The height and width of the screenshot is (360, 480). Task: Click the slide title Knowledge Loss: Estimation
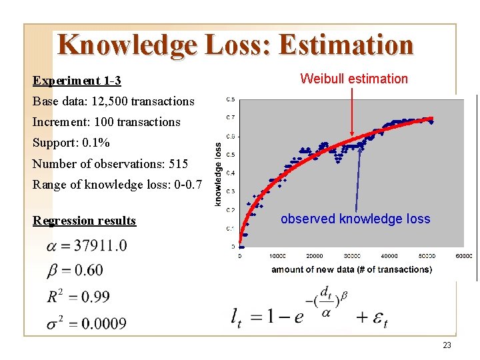[x=235, y=45]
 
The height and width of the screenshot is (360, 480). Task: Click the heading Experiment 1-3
[x=77, y=81]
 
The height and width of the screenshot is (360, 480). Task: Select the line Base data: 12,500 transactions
[x=113, y=101]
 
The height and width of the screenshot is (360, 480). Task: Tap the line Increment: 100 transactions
[x=106, y=122]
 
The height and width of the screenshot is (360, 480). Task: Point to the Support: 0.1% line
[x=71, y=143]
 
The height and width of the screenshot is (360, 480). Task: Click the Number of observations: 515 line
[x=110, y=163]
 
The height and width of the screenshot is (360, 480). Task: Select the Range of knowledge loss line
[x=111, y=184]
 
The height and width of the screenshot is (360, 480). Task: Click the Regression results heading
[x=84, y=221]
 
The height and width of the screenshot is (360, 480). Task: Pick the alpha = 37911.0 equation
[x=87, y=246]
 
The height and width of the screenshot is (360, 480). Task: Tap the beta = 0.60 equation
[x=75, y=270]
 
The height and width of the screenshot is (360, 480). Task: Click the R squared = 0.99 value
[x=78, y=297]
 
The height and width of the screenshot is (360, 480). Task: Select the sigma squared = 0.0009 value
[x=86, y=323]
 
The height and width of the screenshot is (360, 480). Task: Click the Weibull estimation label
[x=353, y=79]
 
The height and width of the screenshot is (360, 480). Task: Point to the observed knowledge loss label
[x=355, y=219]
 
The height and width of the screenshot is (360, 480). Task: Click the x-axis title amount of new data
[x=351, y=269]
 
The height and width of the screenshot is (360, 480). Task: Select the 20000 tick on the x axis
[x=314, y=255]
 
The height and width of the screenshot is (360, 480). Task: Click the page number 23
[x=447, y=345]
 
